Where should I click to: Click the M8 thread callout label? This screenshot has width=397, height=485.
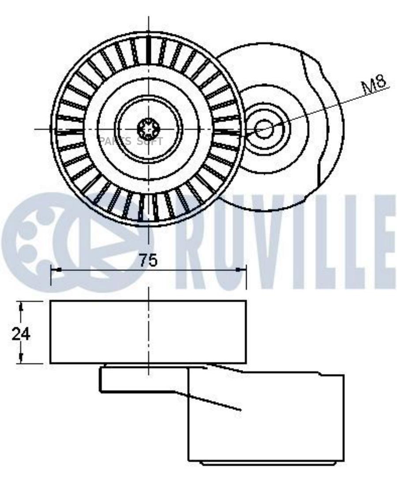coord(374,84)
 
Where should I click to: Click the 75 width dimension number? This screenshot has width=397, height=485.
coord(148,260)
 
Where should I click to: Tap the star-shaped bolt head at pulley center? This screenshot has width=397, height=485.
coord(148,129)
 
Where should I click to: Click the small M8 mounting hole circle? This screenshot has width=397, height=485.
coord(264,129)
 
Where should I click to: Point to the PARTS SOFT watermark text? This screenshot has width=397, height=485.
coord(131,141)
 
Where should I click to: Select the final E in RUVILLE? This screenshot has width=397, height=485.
coord(383,240)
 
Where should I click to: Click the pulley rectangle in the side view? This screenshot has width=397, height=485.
coord(148,332)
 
